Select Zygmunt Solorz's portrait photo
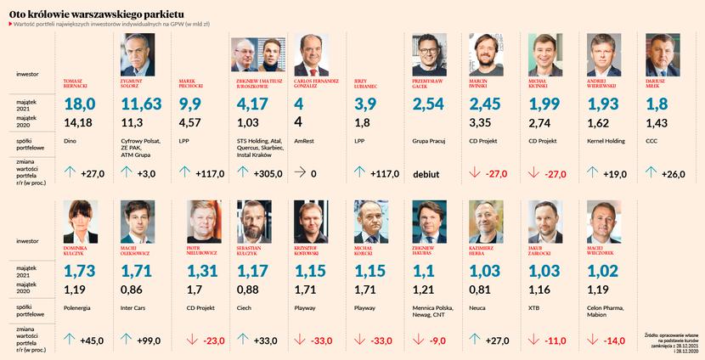pos(138,55)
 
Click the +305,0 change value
pos(264,175)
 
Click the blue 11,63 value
pos(142,104)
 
